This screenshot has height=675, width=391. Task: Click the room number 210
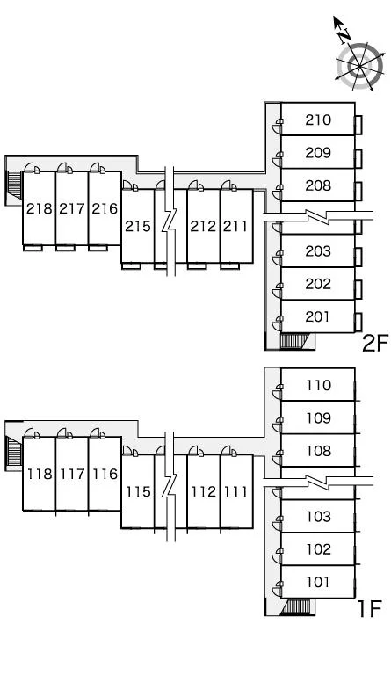click(318, 120)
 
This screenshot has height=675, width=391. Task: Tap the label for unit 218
click(40, 209)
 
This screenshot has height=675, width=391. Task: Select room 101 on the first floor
click(318, 582)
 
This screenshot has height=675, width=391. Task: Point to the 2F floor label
click(375, 343)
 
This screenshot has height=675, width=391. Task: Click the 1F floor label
click(370, 608)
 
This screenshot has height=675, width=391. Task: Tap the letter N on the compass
click(344, 36)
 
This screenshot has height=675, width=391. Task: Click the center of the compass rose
click(359, 66)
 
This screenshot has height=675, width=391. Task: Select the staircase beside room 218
click(15, 185)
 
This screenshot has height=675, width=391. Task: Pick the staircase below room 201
click(294, 341)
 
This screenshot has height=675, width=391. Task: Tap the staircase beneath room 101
click(295, 606)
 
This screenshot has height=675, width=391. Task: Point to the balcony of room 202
click(358, 290)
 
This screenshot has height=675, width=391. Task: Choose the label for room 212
click(203, 226)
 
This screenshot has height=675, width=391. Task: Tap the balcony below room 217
click(65, 248)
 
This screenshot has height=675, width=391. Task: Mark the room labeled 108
click(318, 451)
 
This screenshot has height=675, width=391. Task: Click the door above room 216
click(98, 168)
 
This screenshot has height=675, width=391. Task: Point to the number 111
click(235, 491)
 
